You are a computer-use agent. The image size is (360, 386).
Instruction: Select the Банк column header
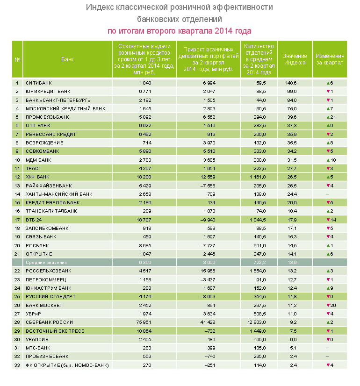pyautogui.click(x=67, y=59)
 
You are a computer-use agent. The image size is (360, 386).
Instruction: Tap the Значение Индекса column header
pyautogui.click(x=294, y=59)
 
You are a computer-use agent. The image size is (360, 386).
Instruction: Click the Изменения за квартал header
pyautogui.click(x=330, y=59)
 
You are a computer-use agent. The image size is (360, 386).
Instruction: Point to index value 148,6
pyautogui.click(x=291, y=83)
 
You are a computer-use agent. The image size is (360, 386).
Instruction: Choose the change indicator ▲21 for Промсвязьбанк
pyautogui.click(x=330, y=117)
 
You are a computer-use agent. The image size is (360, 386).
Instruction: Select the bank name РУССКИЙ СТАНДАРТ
pyautogui.click(x=50, y=297)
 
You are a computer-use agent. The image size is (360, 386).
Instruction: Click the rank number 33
pyautogui.click(x=17, y=365)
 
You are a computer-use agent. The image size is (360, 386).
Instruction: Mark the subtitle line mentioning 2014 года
pyautogui.click(x=180, y=31)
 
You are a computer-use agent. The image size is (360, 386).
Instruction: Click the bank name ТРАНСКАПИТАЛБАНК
pyautogui.click(x=51, y=211)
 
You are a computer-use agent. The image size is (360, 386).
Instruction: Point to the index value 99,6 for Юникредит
pyautogui.click(x=291, y=92)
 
